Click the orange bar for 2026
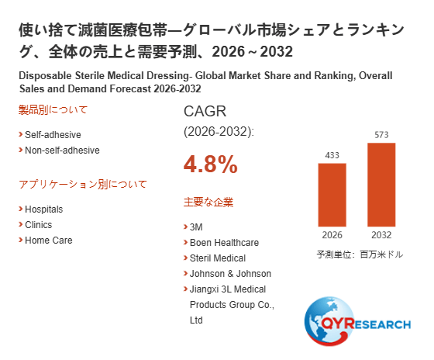coord(332,195)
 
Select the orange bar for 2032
coord(381,185)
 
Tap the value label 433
coord(332,155)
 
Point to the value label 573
coord(381,135)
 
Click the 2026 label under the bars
coord(332,235)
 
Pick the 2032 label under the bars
coord(381,235)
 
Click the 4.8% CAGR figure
coord(211,164)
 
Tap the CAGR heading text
coord(205,112)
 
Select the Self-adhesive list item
coord(53,135)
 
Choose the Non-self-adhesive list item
coord(62,151)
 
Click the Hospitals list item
coord(43,209)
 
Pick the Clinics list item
coord(39,225)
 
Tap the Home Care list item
coord(49,241)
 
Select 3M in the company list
coord(196,227)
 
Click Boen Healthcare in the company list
coord(224,243)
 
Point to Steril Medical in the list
coord(218,258)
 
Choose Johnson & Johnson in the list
coord(230,274)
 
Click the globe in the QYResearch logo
coord(329,321)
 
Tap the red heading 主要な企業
coord(208,202)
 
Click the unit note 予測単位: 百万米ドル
coord(360,254)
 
